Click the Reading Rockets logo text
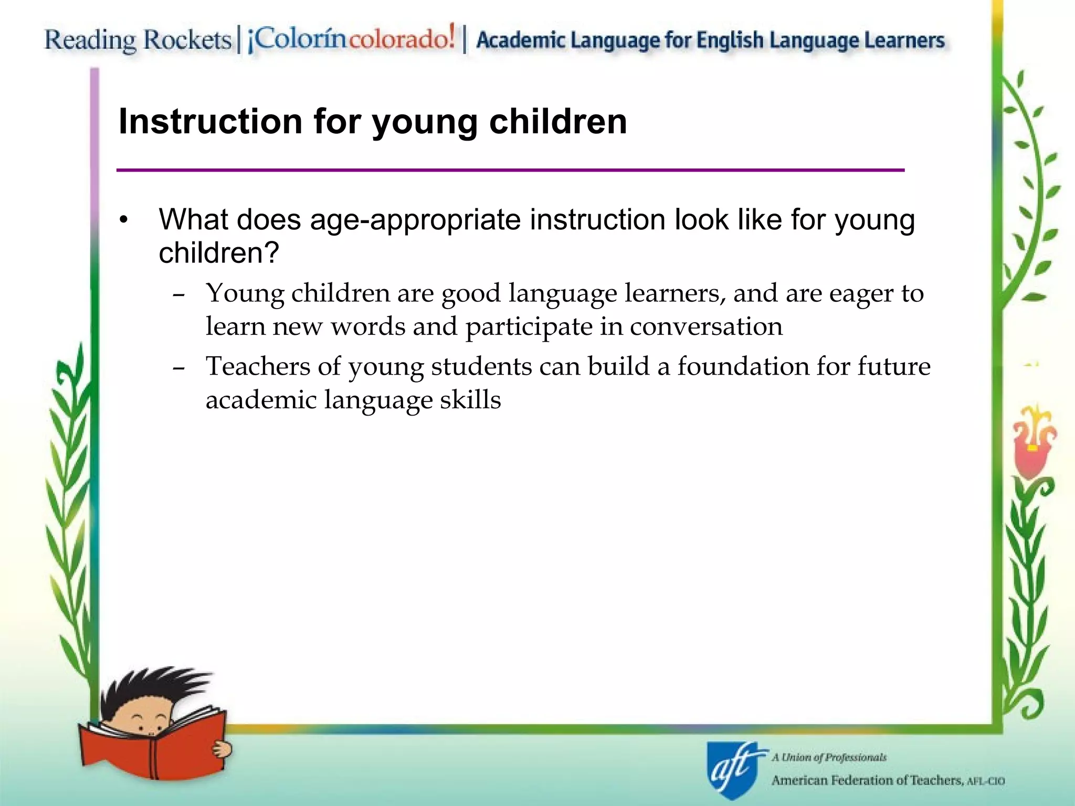[138, 40]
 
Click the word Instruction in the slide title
[210, 122]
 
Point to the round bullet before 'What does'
[123, 220]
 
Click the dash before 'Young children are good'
[178, 295]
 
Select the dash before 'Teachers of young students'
[178, 369]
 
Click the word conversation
[706, 327]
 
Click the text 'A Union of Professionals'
[829, 757]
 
